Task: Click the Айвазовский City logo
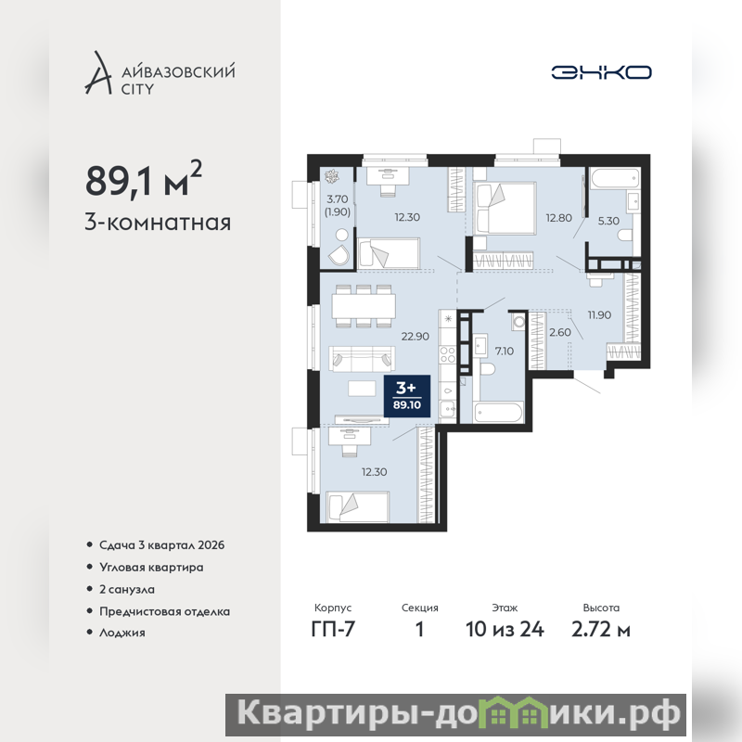[x=160, y=73]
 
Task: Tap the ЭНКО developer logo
[x=601, y=72]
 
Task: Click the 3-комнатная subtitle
[x=158, y=222]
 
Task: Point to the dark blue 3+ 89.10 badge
[x=407, y=396]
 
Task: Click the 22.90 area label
[x=415, y=337]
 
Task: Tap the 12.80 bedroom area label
[x=558, y=218]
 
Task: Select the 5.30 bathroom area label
[x=608, y=221]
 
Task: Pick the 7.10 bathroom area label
[x=504, y=352]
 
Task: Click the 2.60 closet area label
[x=560, y=332]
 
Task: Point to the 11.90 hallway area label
[x=599, y=314]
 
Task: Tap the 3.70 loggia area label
[x=338, y=199]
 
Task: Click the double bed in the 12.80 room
[x=505, y=208]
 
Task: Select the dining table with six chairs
[x=364, y=306]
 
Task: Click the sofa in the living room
[x=362, y=359]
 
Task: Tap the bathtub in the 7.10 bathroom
[x=499, y=412]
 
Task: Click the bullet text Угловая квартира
[x=151, y=567]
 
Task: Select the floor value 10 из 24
[x=505, y=630]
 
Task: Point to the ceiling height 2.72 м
[x=600, y=630]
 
